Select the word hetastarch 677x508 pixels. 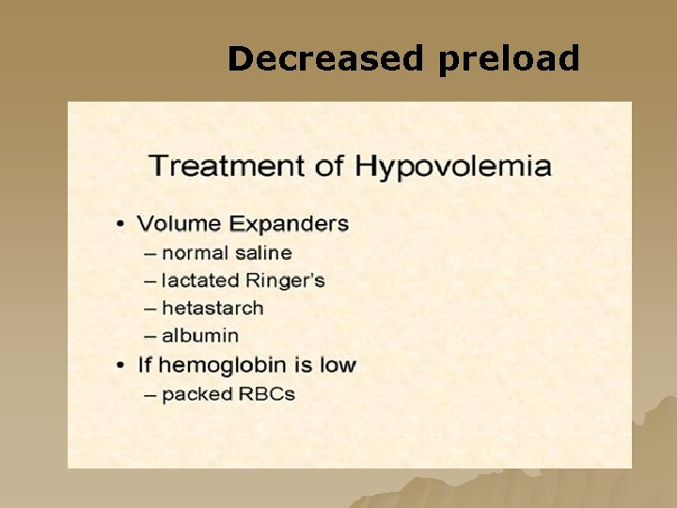coord(213,308)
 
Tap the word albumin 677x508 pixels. coord(200,335)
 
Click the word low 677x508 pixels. coord(338,364)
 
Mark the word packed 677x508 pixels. coord(197,394)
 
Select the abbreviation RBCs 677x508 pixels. coord(266,393)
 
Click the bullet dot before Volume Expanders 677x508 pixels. coord(121,225)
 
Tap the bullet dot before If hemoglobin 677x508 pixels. coord(121,365)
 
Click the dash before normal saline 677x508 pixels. coord(150,254)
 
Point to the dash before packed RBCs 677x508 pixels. coord(150,394)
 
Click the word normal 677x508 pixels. coord(195,253)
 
